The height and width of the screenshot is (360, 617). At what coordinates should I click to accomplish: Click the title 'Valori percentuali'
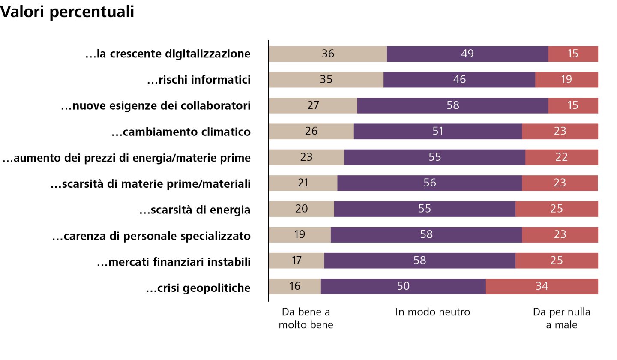click(67, 12)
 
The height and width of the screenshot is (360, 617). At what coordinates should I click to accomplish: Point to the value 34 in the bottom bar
click(542, 286)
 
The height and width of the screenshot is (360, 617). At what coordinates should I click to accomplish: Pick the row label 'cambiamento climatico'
click(180, 132)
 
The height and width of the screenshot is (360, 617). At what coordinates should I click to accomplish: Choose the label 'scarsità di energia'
click(195, 210)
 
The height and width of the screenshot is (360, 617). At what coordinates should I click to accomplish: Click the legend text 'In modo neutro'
click(432, 312)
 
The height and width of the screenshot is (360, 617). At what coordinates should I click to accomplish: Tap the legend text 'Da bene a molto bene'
click(306, 318)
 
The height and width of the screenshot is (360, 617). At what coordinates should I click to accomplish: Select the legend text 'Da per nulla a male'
click(561, 318)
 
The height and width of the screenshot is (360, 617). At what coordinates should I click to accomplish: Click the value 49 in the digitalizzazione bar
click(467, 54)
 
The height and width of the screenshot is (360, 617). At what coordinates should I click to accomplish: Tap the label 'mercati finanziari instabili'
click(174, 262)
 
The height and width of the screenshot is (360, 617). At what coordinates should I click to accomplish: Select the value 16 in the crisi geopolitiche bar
click(295, 286)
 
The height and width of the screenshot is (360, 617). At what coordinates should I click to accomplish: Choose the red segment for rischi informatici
click(583, 80)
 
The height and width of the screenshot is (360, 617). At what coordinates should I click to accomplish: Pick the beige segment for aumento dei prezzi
click(291, 157)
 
